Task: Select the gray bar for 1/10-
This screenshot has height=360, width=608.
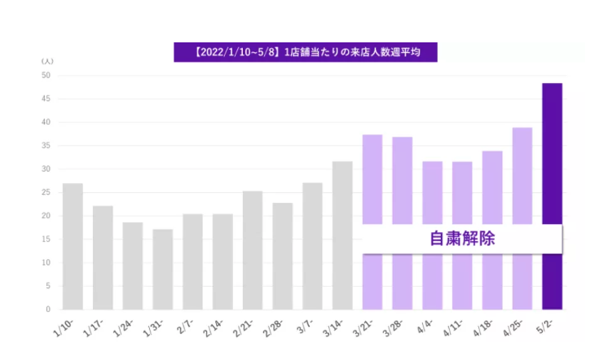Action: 73,246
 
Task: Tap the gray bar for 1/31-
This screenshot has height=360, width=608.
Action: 162,269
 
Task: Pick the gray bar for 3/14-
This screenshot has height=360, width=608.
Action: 342,235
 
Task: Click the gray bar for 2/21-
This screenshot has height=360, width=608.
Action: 253,250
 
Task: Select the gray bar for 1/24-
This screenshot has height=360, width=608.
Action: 132,266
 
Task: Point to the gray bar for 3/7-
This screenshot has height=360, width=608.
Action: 312,246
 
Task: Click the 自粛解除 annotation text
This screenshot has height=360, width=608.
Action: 462,239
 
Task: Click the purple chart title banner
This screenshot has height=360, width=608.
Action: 305,52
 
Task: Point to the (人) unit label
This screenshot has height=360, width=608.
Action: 47,61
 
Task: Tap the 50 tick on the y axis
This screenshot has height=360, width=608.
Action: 46,76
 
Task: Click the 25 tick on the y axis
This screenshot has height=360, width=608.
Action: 46,193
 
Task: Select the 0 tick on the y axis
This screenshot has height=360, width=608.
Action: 49,310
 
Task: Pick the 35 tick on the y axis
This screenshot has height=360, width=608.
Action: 46,146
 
